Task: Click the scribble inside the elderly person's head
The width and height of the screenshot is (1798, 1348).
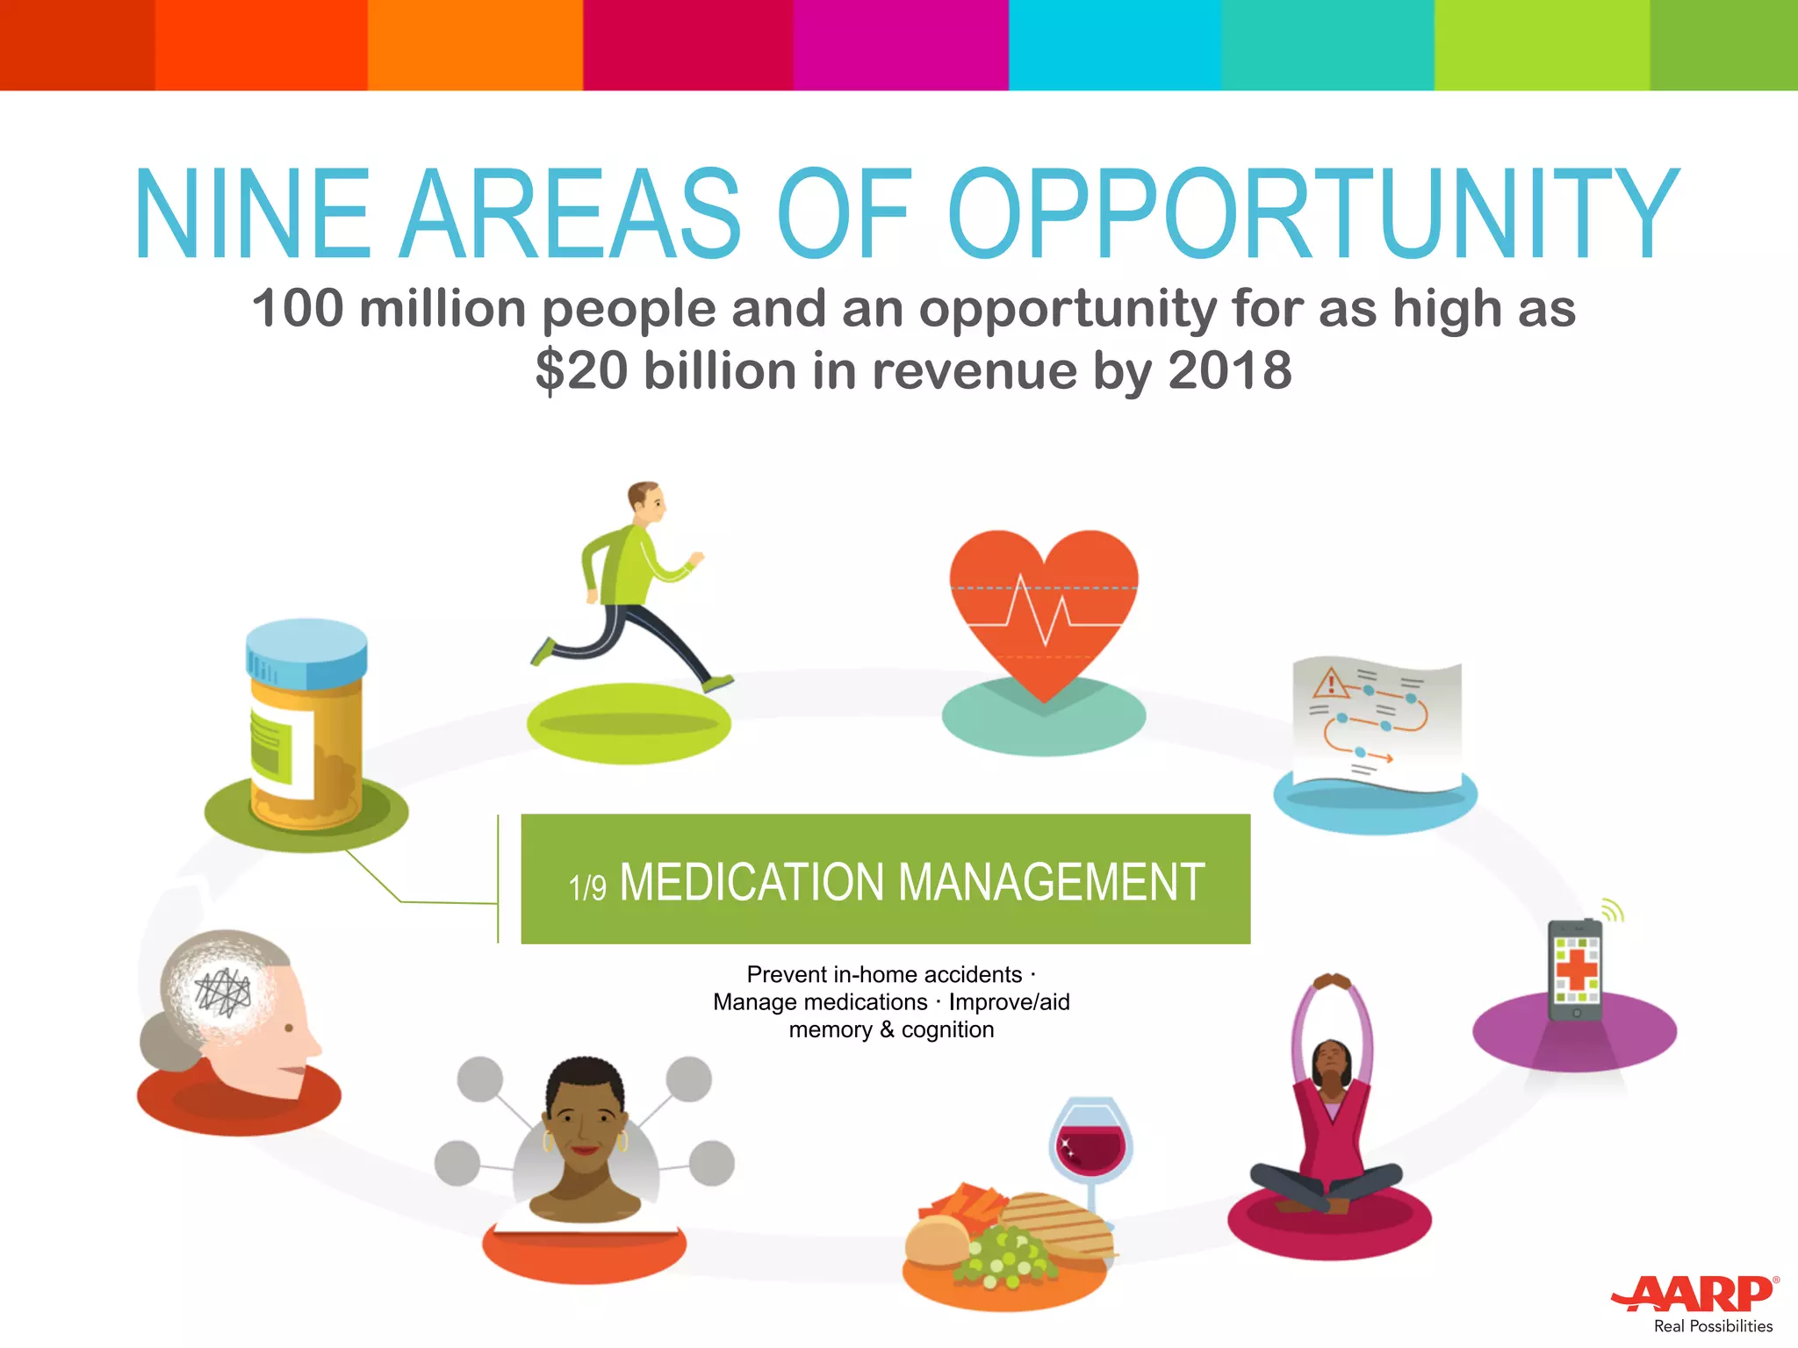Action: (223, 992)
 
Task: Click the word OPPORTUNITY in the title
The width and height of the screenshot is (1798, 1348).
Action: (1312, 215)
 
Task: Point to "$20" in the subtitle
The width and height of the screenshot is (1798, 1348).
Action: (581, 369)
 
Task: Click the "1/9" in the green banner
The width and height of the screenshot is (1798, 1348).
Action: (587, 887)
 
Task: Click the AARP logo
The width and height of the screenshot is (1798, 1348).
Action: (1694, 1294)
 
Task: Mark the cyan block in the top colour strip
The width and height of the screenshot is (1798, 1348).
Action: (1114, 45)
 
